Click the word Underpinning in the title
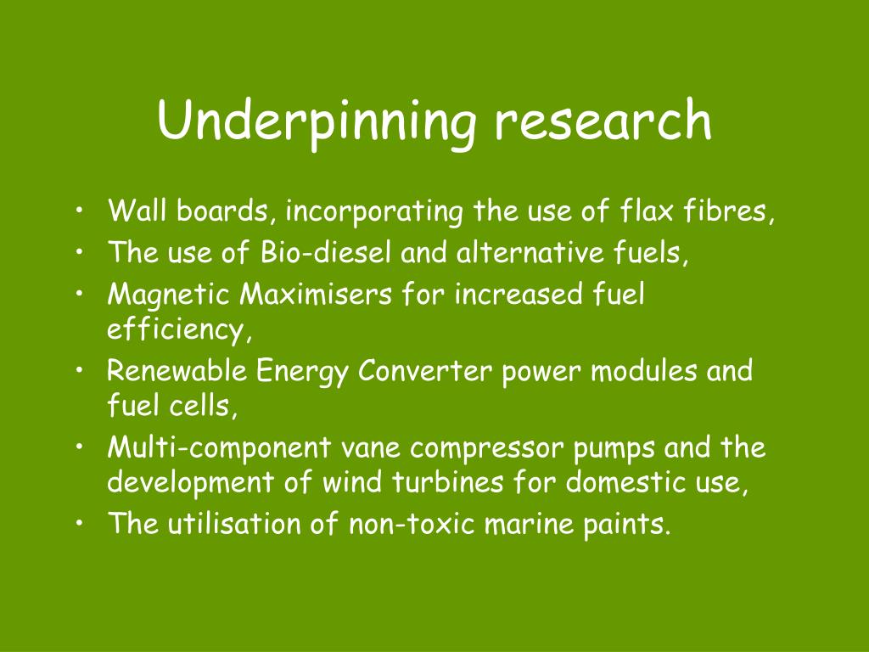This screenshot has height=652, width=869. (x=317, y=123)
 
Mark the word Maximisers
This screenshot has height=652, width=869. (x=316, y=294)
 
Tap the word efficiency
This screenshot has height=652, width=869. (x=178, y=330)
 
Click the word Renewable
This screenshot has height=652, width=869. (x=177, y=370)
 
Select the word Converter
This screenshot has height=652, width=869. (x=424, y=370)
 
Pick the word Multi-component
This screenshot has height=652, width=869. (x=220, y=449)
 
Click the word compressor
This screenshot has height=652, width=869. (x=486, y=449)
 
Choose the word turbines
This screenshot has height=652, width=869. (x=447, y=481)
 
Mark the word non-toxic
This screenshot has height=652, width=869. (x=412, y=523)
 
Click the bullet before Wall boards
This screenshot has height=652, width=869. (x=81, y=211)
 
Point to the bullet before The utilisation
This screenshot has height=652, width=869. (x=81, y=523)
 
